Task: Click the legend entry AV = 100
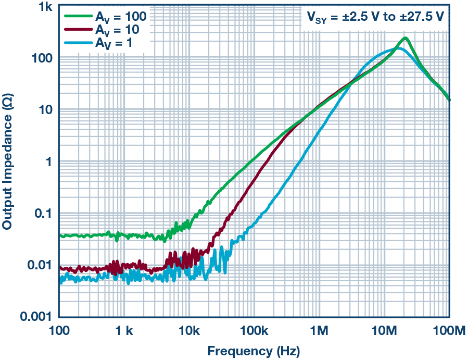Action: tap(120, 16)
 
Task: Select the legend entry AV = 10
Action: tap(117, 30)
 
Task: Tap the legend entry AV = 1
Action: tap(114, 43)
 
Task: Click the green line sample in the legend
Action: tap(78, 16)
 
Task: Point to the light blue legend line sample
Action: tap(78, 43)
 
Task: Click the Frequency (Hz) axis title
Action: tap(254, 351)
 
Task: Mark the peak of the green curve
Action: tap(405, 38)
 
